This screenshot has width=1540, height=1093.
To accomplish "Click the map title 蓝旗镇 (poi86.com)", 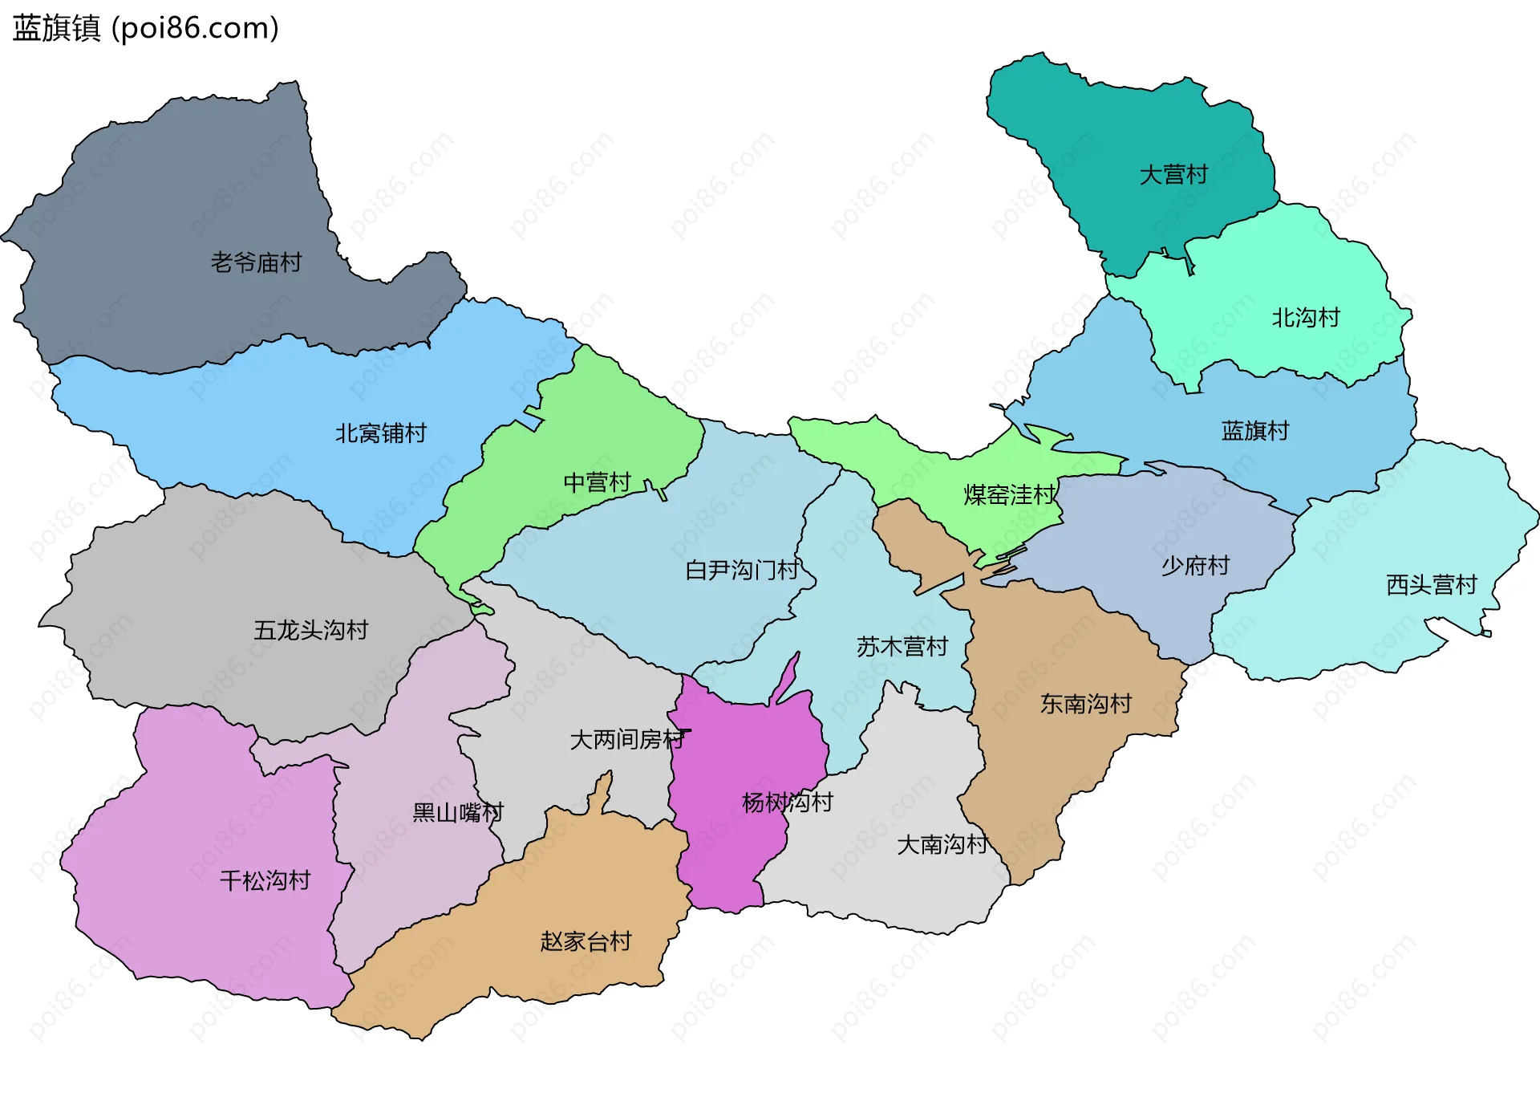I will tap(146, 28).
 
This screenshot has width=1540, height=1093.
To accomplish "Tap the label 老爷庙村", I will tap(256, 262).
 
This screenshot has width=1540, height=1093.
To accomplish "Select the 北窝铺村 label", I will tap(381, 433).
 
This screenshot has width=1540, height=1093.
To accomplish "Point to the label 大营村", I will tap(1173, 175).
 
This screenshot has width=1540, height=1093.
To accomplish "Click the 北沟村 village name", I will tap(1306, 318).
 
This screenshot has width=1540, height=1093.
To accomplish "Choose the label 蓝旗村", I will tap(1255, 431).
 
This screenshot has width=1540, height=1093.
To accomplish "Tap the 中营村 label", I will tap(598, 482).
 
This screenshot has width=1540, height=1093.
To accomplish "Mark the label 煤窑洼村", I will tap(1010, 495).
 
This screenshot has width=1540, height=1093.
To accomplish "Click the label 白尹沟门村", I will tap(743, 570).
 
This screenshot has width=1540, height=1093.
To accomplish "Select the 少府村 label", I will tap(1195, 566).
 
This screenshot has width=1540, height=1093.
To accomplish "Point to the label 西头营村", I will tap(1432, 585).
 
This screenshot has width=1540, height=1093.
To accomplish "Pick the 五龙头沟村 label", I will tap(311, 630).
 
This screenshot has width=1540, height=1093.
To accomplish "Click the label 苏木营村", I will tap(902, 646).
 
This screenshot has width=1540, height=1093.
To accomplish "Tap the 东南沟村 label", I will tap(1086, 704).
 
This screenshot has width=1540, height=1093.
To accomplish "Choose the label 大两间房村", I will tap(627, 739).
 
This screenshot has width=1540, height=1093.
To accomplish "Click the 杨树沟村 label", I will tap(788, 802).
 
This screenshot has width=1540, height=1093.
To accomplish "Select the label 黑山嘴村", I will tap(458, 813).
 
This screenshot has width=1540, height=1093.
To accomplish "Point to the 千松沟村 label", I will tap(265, 881).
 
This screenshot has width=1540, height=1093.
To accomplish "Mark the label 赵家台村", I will tap(586, 941).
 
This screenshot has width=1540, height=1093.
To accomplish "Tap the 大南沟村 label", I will tap(942, 844).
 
